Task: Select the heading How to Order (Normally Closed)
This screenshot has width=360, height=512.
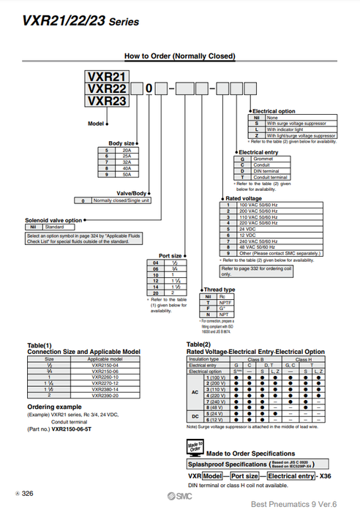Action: tap(179, 56)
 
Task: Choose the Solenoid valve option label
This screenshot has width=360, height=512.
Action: tap(54, 219)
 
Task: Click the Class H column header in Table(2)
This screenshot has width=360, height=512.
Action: tap(307, 359)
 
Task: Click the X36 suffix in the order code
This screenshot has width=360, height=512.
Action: tap(325, 476)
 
